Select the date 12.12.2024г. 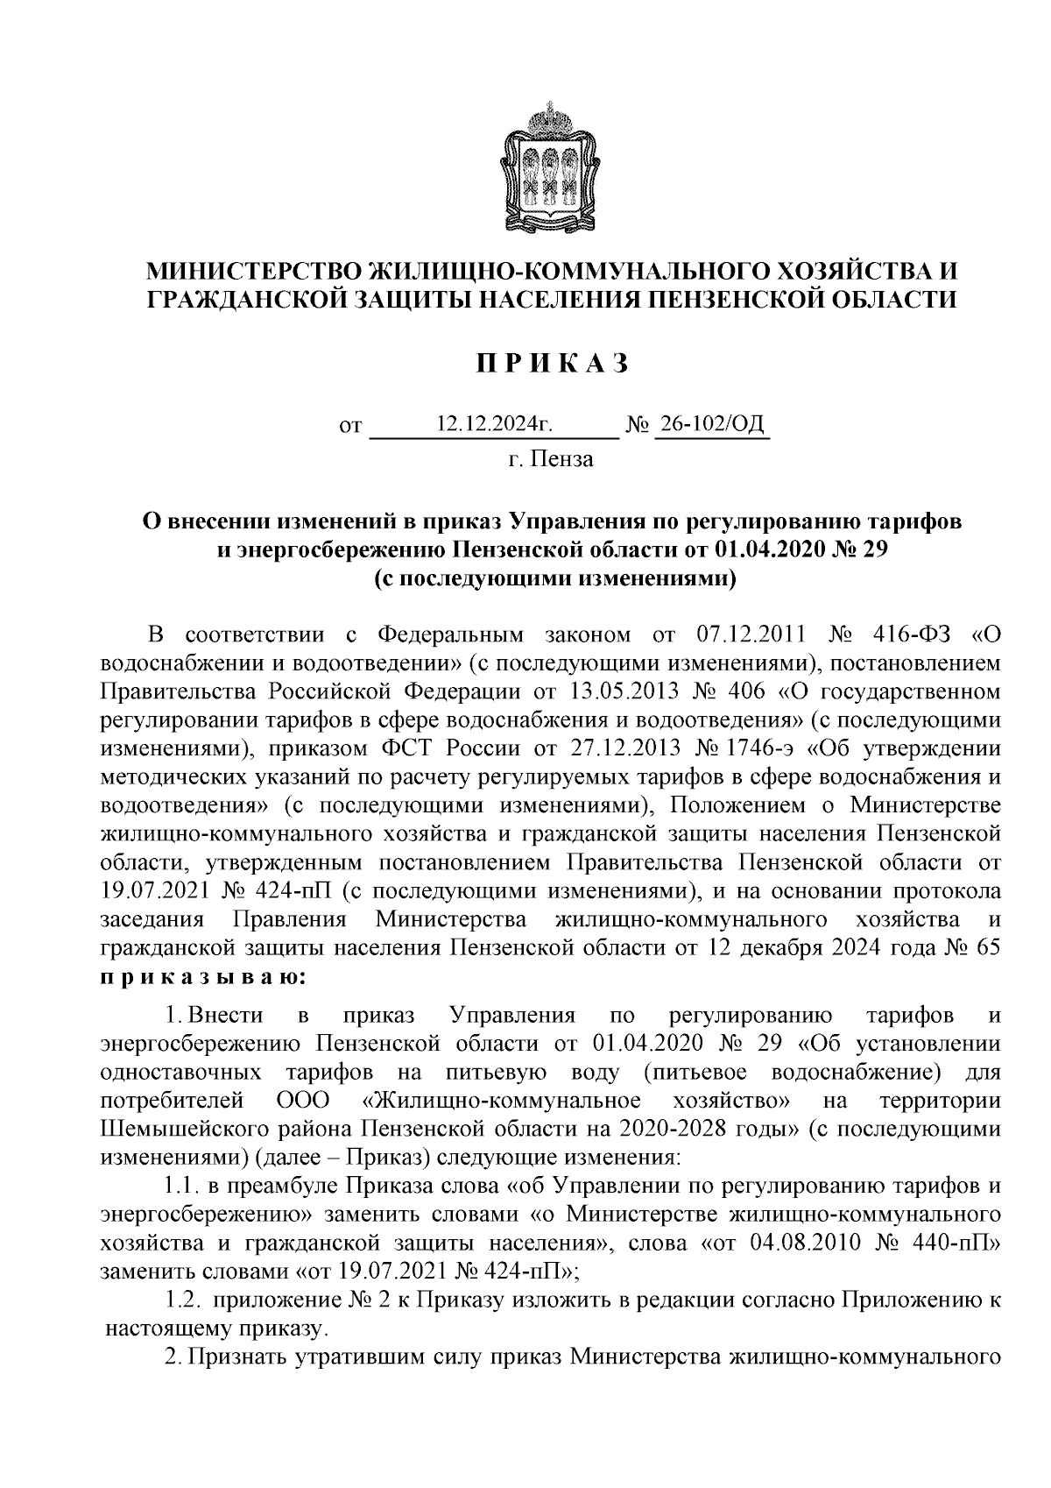495,426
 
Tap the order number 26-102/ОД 711,426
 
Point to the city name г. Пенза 551,459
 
